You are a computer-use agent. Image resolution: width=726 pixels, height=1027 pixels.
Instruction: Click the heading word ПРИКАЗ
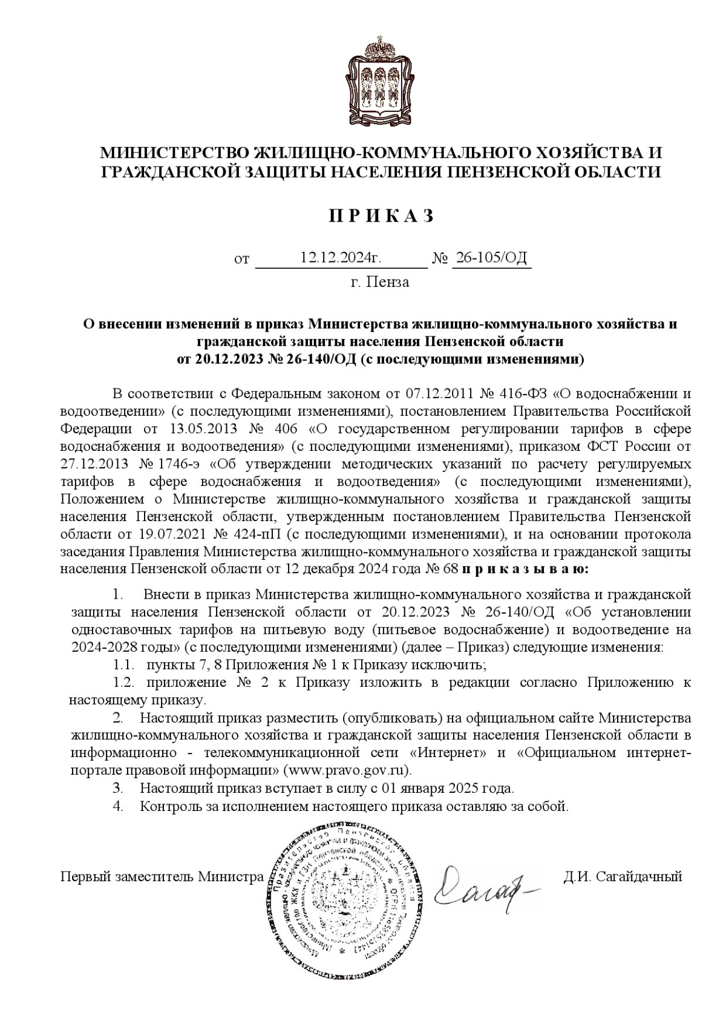(381, 216)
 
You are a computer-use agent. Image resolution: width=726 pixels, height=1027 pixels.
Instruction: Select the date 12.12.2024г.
(341, 258)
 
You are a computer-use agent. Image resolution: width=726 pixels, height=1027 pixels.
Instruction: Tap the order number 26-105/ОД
(491, 258)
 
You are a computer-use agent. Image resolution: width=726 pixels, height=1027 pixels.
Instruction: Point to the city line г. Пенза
(379, 282)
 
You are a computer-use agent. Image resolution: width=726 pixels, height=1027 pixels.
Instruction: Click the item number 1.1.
(123, 665)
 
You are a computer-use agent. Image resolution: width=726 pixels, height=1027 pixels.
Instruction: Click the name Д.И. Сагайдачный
(623, 876)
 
